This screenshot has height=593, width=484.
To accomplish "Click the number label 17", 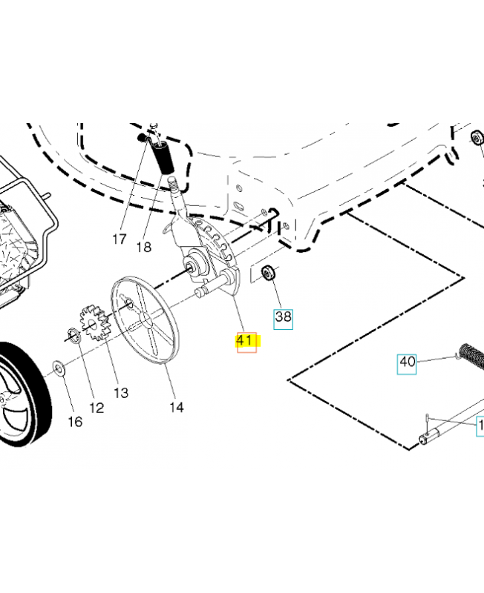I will (x=120, y=239).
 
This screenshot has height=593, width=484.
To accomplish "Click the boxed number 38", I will (x=284, y=318).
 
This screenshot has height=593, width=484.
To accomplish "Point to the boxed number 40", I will (x=407, y=362).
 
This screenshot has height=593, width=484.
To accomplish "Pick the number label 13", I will (x=120, y=393).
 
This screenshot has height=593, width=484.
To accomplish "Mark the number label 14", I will (x=176, y=406).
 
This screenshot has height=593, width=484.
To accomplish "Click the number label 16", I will (x=75, y=422).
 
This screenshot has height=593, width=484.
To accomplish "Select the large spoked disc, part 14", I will (x=147, y=319).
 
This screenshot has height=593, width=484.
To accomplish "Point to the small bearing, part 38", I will (x=268, y=274).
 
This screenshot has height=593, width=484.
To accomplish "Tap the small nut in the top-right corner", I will (x=474, y=139).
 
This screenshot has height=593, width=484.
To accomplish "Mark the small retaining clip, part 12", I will (x=73, y=337).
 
